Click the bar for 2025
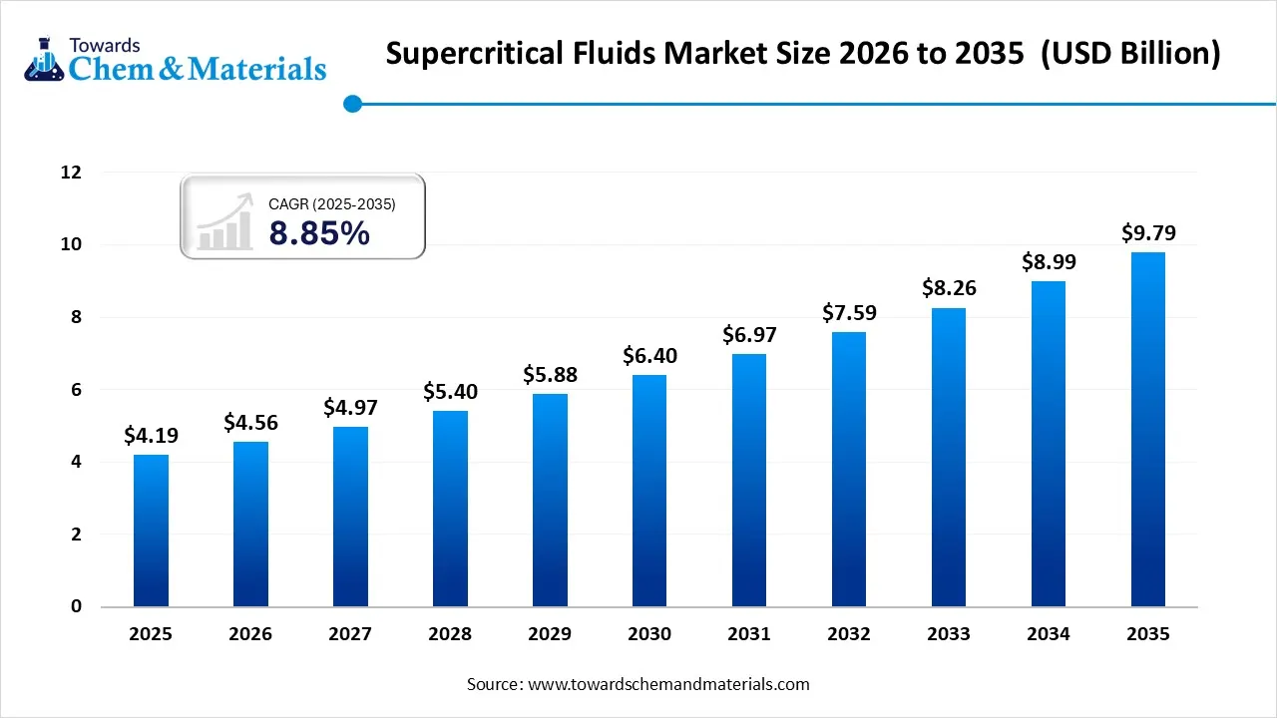(x=151, y=531)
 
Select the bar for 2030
(x=649, y=491)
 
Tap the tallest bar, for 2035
(x=1147, y=429)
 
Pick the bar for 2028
(x=450, y=509)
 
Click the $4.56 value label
(x=250, y=422)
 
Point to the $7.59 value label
(x=849, y=312)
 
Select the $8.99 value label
(x=1049, y=261)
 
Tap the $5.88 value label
(x=550, y=375)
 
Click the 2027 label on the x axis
(x=350, y=634)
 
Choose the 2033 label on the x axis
(x=949, y=634)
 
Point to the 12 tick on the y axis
(x=70, y=173)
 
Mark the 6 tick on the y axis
(x=75, y=390)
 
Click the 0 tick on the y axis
(x=75, y=607)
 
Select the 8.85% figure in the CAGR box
(x=319, y=233)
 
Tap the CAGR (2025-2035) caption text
(x=332, y=203)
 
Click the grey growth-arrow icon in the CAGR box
(x=224, y=222)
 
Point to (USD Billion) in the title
(x=1130, y=53)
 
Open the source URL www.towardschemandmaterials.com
(x=666, y=684)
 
